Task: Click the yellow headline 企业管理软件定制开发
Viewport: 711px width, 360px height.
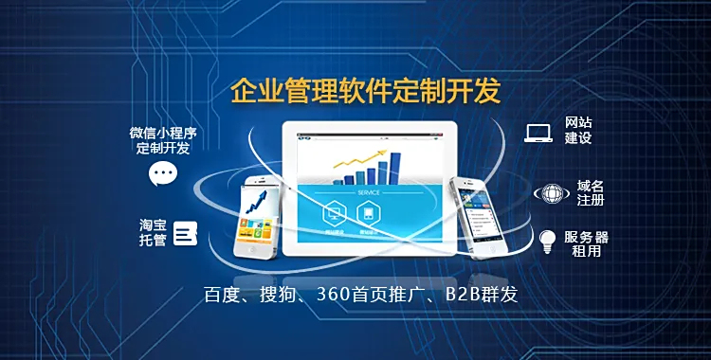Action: [x=365, y=92]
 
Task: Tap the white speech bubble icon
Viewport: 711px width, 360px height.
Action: [x=163, y=174]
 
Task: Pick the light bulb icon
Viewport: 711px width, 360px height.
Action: [x=547, y=241]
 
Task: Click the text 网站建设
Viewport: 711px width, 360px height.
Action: [x=578, y=131]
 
